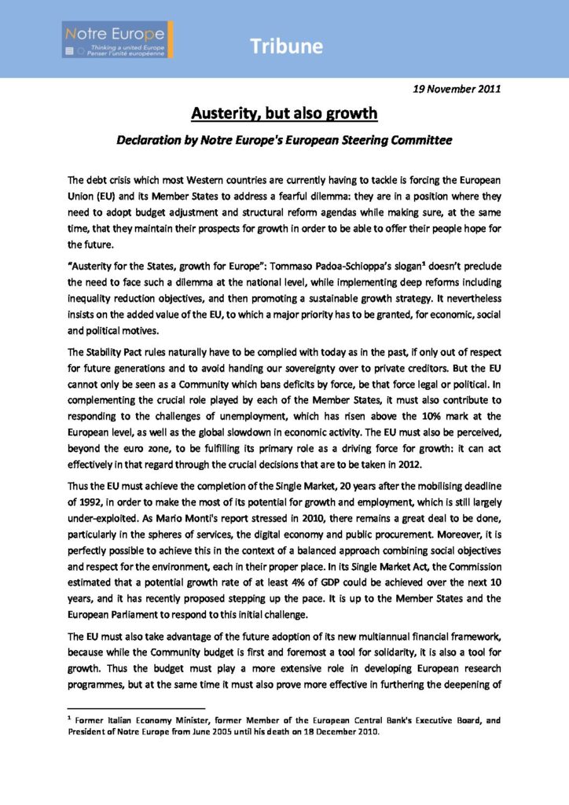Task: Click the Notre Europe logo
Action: coord(118,39)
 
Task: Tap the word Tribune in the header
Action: coord(286,46)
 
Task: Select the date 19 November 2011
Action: coord(457,88)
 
